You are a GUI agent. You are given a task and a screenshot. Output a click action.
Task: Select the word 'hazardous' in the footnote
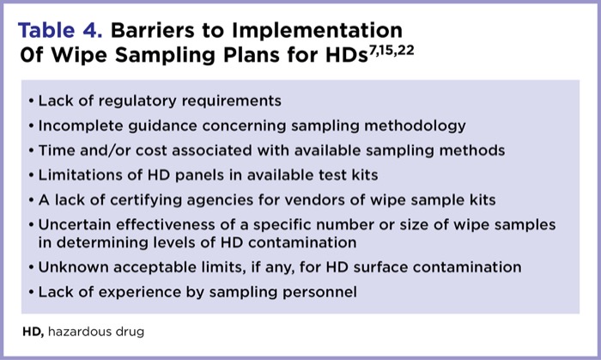79,330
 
